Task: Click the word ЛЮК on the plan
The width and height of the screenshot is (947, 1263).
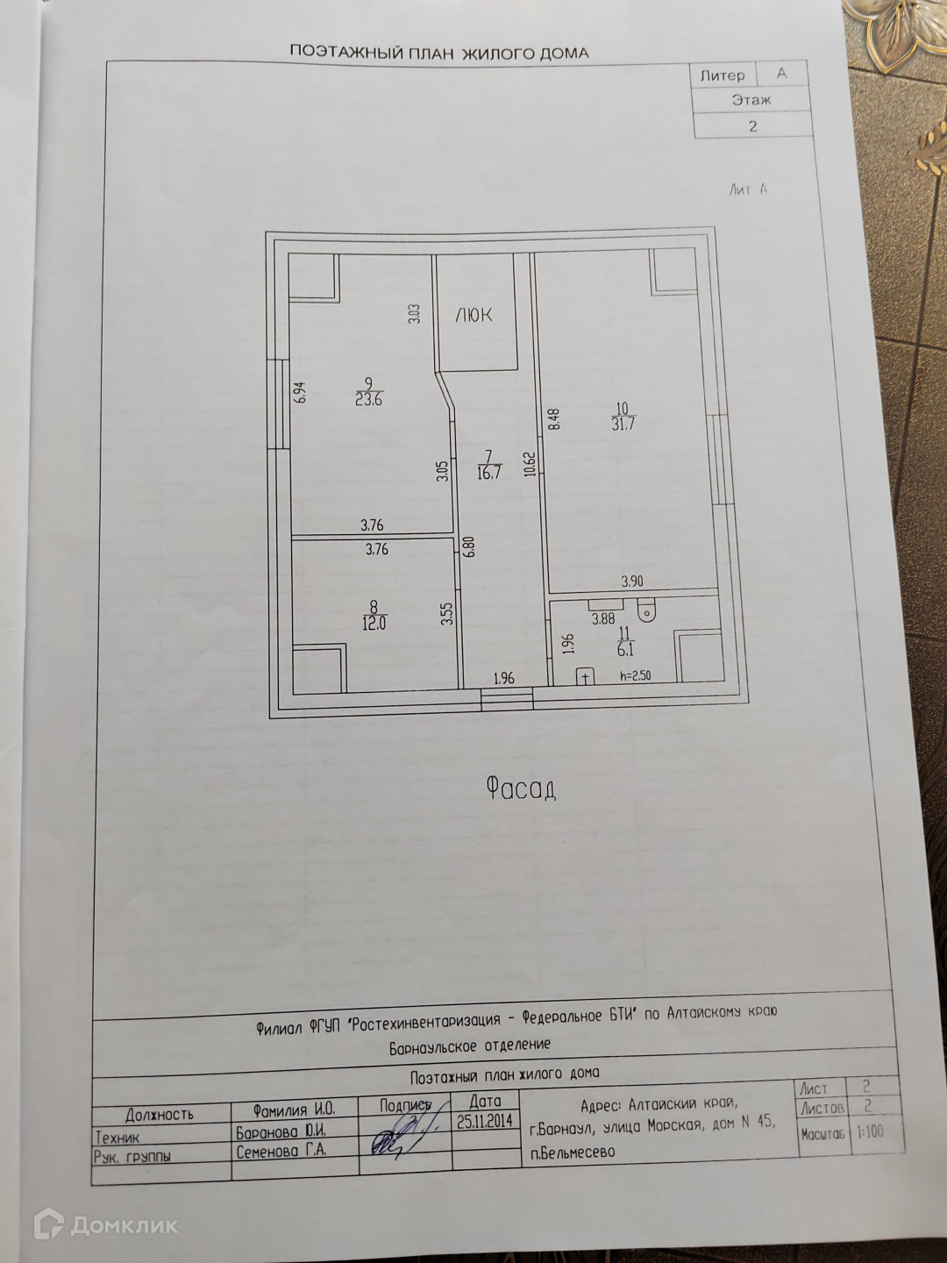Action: click(x=473, y=315)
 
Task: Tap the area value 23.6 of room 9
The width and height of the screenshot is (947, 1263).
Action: click(x=368, y=400)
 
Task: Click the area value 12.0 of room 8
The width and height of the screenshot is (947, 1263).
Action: click(x=374, y=623)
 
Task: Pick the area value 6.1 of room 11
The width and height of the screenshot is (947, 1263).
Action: click(x=625, y=650)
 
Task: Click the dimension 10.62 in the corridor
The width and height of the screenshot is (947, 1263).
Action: click(x=529, y=463)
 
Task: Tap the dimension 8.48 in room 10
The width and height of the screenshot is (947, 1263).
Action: click(x=553, y=417)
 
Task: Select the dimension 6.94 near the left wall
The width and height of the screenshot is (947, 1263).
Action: click(x=300, y=391)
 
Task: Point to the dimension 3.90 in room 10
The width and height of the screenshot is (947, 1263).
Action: click(x=632, y=582)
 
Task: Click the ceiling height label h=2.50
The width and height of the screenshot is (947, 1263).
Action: click(x=635, y=675)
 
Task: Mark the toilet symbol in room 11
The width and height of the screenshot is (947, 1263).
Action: click(x=647, y=609)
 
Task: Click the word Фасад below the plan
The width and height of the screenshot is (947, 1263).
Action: click(x=521, y=789)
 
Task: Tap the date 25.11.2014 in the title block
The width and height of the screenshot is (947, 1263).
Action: click(x=485, y=1122)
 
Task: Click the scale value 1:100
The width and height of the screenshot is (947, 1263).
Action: click(x=870, y=1131)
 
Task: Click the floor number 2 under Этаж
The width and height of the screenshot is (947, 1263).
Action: click(x=752, y=126)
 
